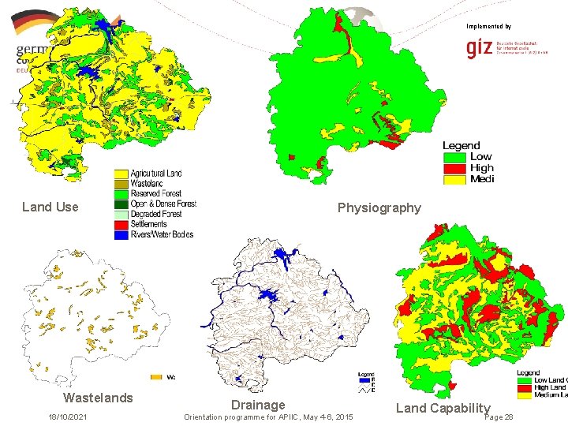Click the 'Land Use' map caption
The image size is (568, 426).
coord(50,207)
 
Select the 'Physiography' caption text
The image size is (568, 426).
coord(379,207)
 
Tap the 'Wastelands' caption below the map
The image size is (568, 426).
coord(98,398)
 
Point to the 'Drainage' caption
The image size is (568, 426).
coord(258,405)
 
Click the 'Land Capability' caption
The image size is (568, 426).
coord(443,408)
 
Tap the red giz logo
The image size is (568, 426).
coord(479,49)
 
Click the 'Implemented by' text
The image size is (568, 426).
coord(488,26)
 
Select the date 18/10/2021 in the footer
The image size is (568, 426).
coord(68,417)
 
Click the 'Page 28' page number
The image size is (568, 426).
coord(498,417)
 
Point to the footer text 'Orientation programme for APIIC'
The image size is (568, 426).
coord(267,417)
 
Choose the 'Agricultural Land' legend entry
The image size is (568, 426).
coord(155,173)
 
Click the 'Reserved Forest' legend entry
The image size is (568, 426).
coord(155,193)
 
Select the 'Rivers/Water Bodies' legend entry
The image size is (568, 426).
coord(161,234)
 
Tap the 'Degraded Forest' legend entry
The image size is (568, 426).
coord(155,214)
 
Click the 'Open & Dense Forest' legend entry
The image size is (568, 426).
coord(163,204)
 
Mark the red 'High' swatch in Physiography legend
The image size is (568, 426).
coord(455,168)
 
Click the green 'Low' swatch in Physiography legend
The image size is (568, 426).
coord(455,156)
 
